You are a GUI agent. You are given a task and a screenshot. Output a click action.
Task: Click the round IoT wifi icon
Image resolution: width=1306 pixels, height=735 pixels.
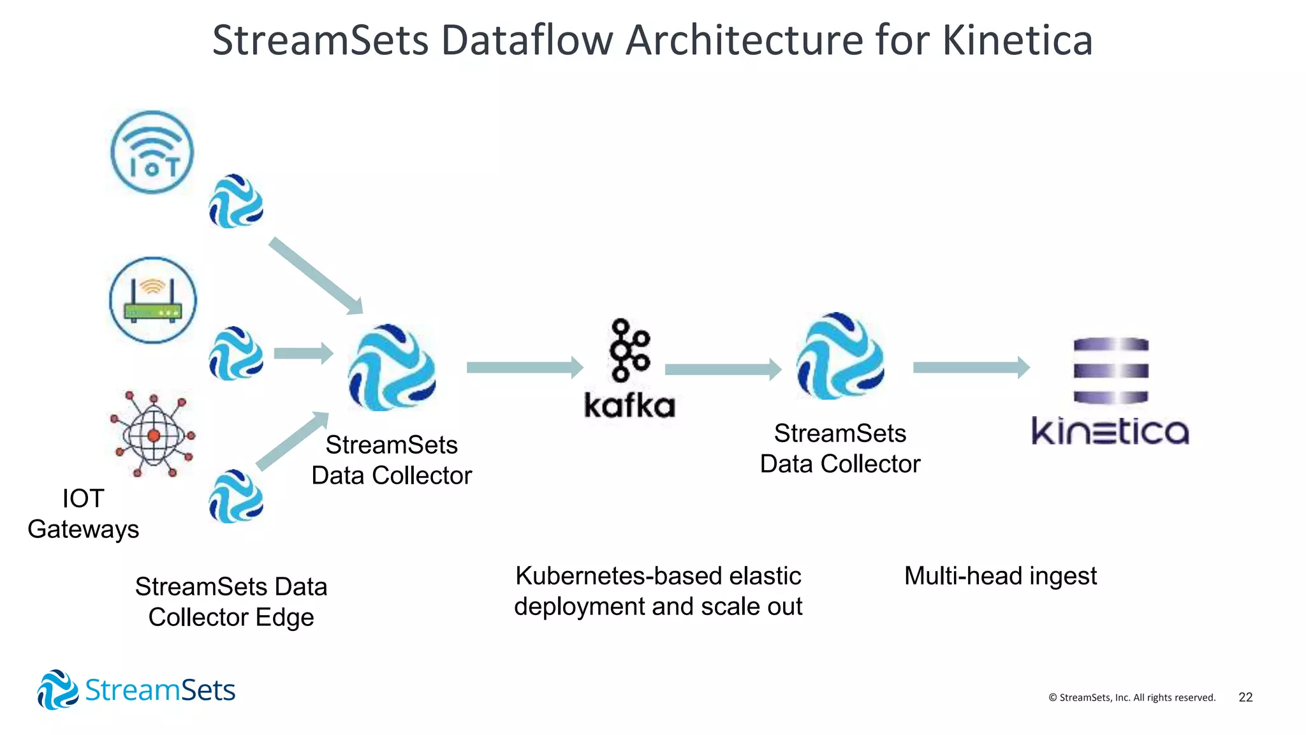pyautogui.click(x=152, y=152)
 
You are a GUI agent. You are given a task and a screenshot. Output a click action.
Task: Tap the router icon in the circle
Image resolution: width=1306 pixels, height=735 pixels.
pyautogui.click(x=153, y=300)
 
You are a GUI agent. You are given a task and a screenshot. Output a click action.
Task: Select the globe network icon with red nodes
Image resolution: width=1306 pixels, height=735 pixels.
pyautogui.click(x=153, y=435)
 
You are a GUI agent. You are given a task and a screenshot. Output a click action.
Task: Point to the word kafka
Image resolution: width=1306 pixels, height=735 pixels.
pyautogui.click(x=629, y=406)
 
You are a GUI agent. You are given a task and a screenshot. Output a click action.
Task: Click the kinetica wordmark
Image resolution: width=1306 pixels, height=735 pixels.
pyautogui.click(x=1110, y=431)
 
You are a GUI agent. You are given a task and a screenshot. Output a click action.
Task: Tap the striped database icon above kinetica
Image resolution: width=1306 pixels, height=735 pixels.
pyautogui.click(x=1111, y=371)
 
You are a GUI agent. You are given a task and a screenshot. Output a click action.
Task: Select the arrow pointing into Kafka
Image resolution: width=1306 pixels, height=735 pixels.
pyautogui.click(x=524, y=367)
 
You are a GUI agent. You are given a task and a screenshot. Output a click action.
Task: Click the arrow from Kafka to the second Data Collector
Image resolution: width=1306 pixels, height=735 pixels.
pyautogui.click(x=723, y=369)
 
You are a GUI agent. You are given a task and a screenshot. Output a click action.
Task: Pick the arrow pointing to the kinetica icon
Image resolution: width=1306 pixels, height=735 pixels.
pyautogui.click(x=971, y=367)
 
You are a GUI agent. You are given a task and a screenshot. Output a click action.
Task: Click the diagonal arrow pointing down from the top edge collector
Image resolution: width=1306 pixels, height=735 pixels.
pyautogui.click(x=316, y=276)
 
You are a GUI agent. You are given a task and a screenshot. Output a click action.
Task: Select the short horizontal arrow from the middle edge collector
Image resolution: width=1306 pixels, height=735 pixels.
pyautogui.click(x=303, y=353)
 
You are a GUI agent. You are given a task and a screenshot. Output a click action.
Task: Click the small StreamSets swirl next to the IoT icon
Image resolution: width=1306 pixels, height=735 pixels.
pyautogui.click(x=236, y=202)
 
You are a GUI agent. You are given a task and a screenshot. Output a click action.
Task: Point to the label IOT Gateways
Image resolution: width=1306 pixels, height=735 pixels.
pyautogui.click(x=83, y=514)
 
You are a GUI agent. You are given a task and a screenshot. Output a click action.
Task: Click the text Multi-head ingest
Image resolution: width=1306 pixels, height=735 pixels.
pyautogui.click(x=1000, y=575)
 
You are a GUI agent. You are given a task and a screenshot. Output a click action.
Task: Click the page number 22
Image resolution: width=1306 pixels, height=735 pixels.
pyautogui.click(x=1245, y=697)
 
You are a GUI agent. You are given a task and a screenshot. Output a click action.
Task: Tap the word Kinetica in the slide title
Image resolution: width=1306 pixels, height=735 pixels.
pyautogui.click(x=1017, y=40)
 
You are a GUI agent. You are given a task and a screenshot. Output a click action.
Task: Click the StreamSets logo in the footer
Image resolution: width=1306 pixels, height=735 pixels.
pyautogui.click(x=136, y=690)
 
